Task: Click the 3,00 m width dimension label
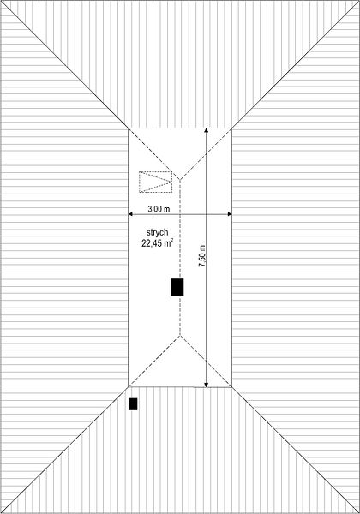(x=159, y=209)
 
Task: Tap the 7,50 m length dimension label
(x=202, y=255)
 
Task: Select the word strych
(x=158, y=232)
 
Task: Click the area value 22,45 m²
(x=158, y=243)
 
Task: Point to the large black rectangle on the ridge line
(x=177, y=287)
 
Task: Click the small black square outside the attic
(x=133, y=404)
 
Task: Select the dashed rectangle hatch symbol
(x=156, y=182)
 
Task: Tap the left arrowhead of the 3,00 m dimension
(x=130, y=214)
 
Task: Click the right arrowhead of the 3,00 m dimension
(x=230, y=214)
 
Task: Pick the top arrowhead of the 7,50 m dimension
(x=207, y=130)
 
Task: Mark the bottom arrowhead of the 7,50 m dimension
(x=207, y=385)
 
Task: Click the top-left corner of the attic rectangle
(x=129, y=128)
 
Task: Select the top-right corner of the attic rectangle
(x=231, y=128)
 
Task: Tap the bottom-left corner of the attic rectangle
(x=129, y=387)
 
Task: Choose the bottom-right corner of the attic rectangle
(x=231, y=387)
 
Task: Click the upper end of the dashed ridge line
(x=180, y=180)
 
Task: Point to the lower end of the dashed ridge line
(x=180, y=335)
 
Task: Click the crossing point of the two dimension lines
(x=207, y=214)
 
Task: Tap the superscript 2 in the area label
(x=172, y=240)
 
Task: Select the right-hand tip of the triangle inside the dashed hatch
(x=171, y=182)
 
